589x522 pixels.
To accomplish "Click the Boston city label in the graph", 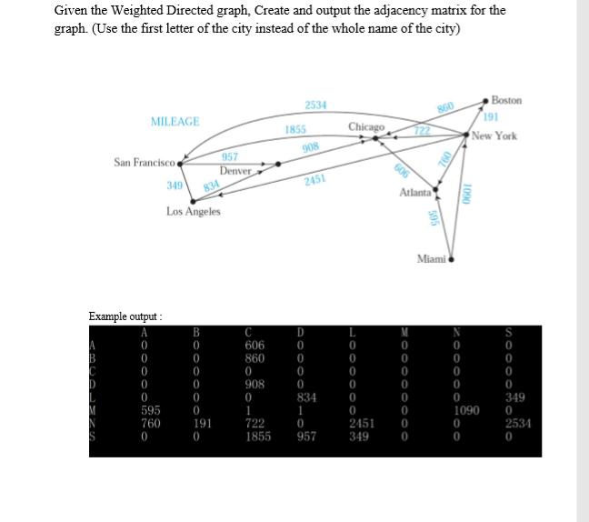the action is coord(505,101).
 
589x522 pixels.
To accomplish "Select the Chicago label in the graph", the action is coord(366,126).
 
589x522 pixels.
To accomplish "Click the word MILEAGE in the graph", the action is coord(175,121).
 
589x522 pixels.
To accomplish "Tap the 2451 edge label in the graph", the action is coord(315,181).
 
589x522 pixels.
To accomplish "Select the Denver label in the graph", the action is coord(235,171).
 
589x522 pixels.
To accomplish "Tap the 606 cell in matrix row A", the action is coord(255,346).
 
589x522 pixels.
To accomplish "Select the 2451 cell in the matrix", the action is coord(362,424).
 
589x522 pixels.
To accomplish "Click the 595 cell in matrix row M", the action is coord(150,411).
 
